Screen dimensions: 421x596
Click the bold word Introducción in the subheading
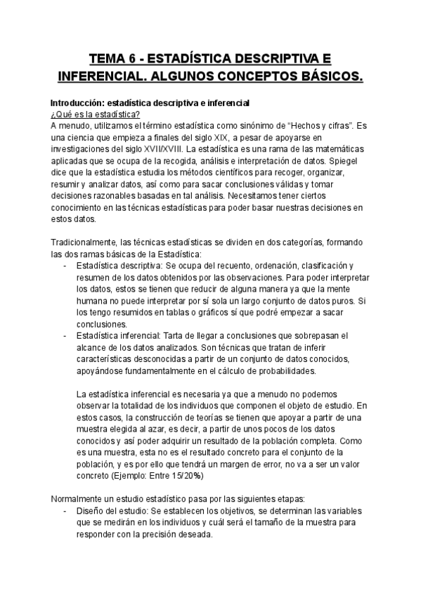tap(77, 103)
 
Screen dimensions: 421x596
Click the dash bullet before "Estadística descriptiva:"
tap(65, 265)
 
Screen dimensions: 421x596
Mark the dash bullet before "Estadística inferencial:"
tap(65, 337)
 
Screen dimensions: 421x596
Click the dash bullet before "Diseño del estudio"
tap(65, 510)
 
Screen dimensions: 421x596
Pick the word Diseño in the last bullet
tap(91, 510)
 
